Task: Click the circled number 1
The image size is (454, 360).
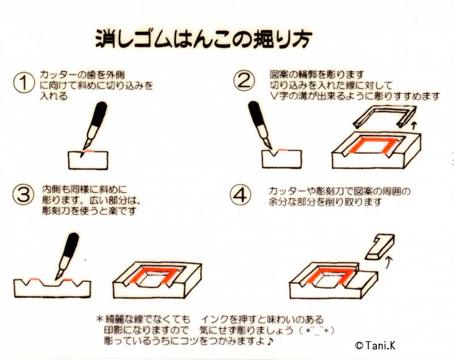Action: (23, 83)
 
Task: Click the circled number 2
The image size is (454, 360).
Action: (245, 82)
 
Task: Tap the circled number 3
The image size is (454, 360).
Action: (23, 195)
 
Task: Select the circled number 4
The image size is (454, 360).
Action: (241, 195)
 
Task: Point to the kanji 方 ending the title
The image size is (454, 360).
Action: (301, 39)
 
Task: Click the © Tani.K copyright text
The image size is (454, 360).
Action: (375, 345)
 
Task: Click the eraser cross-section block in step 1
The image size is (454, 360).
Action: (89, 160)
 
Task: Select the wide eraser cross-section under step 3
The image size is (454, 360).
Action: (52, 288)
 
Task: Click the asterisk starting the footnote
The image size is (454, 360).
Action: (100, 320)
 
